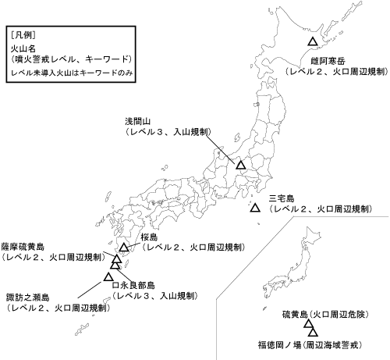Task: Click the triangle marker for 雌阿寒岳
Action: click(312, 41)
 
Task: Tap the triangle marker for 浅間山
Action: click(241, 166)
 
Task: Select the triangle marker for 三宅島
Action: click(255, 208)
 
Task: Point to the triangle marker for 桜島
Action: click(124, 248)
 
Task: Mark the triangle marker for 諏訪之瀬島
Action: click(108, 276)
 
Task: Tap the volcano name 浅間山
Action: click(140, 122)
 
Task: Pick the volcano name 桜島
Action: click(150, 236)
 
